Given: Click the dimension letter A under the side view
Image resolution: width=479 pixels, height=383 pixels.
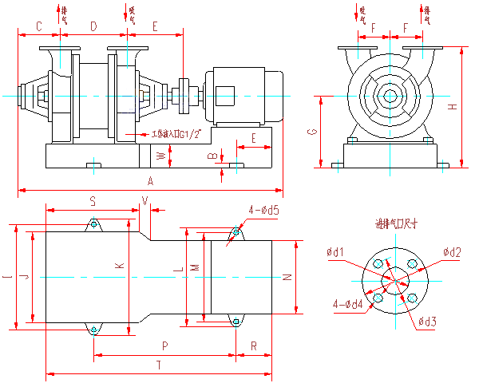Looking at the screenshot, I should point(149,182).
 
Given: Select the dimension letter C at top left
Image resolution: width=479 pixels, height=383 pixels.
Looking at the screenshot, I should point(38,27).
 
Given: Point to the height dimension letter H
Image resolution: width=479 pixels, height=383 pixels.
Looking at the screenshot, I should point(453,107).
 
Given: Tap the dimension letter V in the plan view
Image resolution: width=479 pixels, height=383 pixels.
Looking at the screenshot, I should point(144,199).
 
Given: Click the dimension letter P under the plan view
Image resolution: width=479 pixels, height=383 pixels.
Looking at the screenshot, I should point(164,347).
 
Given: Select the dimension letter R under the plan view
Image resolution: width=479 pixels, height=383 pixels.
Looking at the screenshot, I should point(253,347).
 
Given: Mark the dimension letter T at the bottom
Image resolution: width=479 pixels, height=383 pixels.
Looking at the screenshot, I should point(159,365).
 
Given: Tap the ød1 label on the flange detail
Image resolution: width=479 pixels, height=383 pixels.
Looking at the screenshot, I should point(336,252).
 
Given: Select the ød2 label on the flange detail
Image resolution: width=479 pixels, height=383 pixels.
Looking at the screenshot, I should point(453,252).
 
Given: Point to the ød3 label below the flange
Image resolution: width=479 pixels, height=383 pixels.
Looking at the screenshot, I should point(428,321).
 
